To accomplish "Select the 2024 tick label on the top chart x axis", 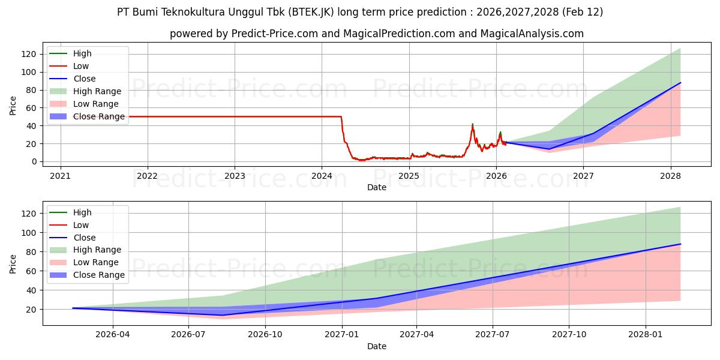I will [x=322, y=176].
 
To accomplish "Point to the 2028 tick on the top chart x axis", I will [x=670, y=176].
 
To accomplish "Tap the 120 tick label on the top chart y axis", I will [x=28, y=54].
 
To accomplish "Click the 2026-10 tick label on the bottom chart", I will [x=265, y=335].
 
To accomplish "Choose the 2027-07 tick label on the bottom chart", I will [x=492, y=335].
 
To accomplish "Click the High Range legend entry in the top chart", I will [x=97, y=91].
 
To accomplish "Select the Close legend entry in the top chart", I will [x=84, y=79].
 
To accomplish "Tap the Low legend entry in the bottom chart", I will [x=81, y=225].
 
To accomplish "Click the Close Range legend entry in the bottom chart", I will [x=99, y=275].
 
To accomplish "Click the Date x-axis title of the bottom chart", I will [x=377, y=346].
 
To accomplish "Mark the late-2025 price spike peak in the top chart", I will [x=472, y=124].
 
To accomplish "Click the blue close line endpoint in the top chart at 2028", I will [x=680, y=83].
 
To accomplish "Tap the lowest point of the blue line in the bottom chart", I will [x=223, y=315].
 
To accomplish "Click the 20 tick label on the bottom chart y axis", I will [x=31, y=310].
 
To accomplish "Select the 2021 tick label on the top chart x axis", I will [x=60, y=176].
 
